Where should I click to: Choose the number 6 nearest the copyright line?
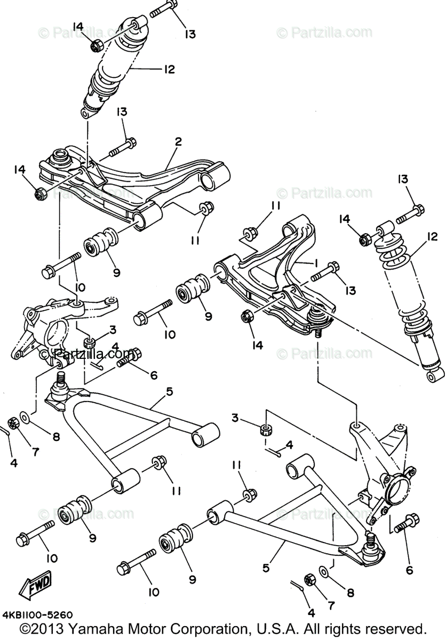pos(409,570)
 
